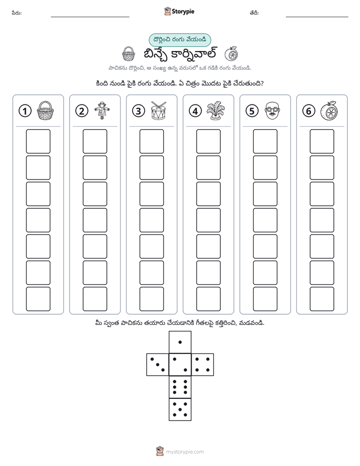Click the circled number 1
tap(25, 111)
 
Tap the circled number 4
tap(195, 111)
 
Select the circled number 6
tap(309, 111)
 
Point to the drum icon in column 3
tap(159, 110)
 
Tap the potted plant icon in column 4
tap(215, 110)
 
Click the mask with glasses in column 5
tap(272, 110)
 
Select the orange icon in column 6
tap(329, 110)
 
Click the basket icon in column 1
tap(45, 110)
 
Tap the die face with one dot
tap(180, 342)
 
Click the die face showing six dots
tap(180, 387)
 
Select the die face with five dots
tap(180, 409)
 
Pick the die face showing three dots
tap(158, 365)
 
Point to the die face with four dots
tap(203, 365)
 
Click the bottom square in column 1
tap(38, 299)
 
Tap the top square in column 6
tap(322, 141)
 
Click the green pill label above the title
tap(179, 40)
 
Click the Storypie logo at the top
tap(179, 11)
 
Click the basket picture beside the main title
tap(128, 54)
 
